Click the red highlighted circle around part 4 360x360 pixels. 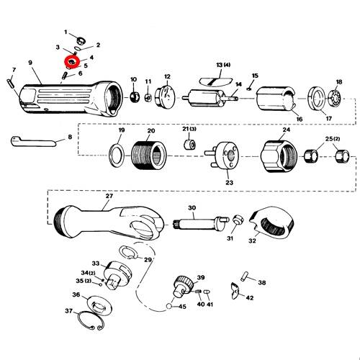72,58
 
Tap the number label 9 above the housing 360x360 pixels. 30,63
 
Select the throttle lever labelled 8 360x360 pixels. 33,142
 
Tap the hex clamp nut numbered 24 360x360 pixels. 279,156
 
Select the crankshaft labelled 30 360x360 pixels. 199,222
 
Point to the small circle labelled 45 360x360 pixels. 169,307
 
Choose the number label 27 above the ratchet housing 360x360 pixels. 109,196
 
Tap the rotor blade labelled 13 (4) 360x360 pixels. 215,81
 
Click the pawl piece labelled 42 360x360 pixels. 235,291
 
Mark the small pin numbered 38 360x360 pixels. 245,276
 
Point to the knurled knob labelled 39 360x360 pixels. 184,287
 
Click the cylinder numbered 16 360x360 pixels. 276,99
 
